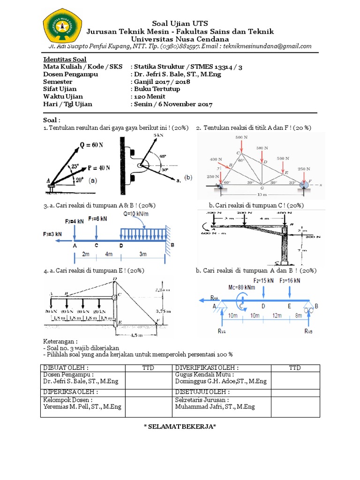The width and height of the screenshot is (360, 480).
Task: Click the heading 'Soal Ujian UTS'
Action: point(180,23)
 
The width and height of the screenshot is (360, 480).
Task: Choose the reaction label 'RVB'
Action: point(308,331)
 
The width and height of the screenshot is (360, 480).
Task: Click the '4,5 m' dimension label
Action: point(136,335)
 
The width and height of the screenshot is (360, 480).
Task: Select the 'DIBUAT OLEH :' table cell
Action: point(66,367)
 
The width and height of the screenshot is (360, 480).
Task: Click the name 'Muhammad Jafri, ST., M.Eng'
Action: point(215,406)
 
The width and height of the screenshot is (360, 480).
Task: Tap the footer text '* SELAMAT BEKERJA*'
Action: point(180,426)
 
